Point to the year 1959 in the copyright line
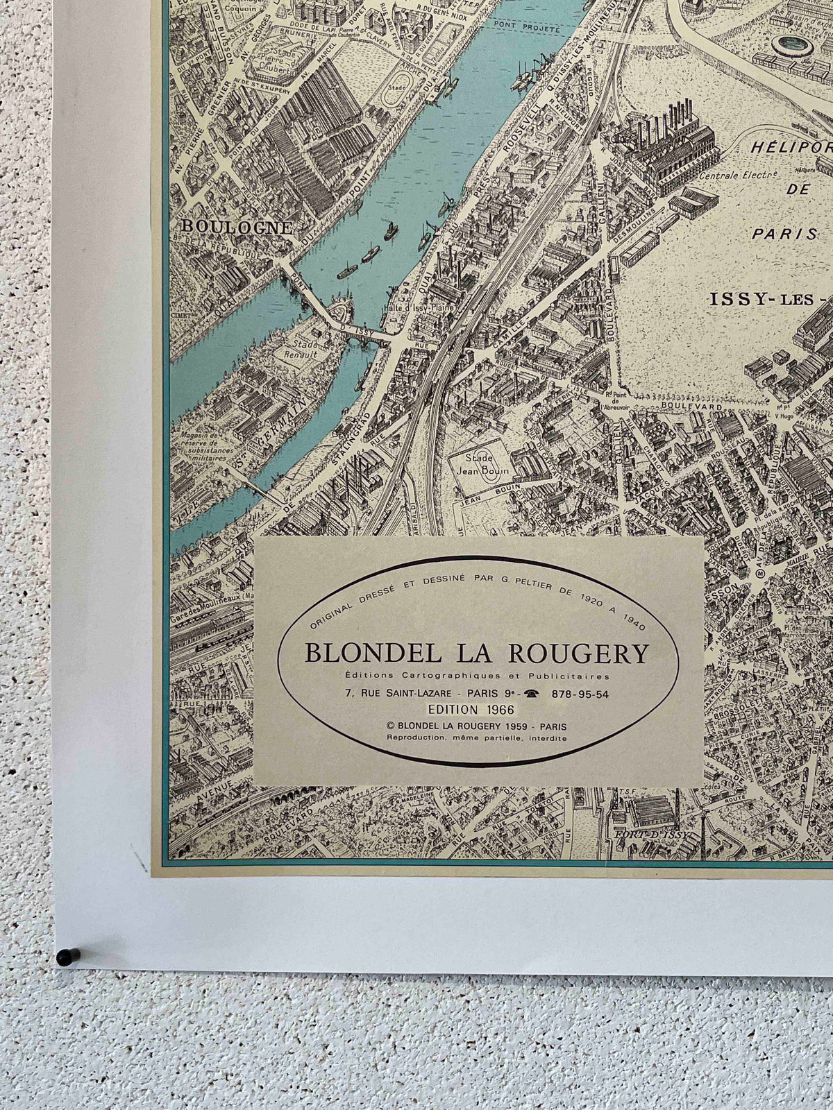point(512,726)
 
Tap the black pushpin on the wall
point(64,957)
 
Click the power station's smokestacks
point(670,118)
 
